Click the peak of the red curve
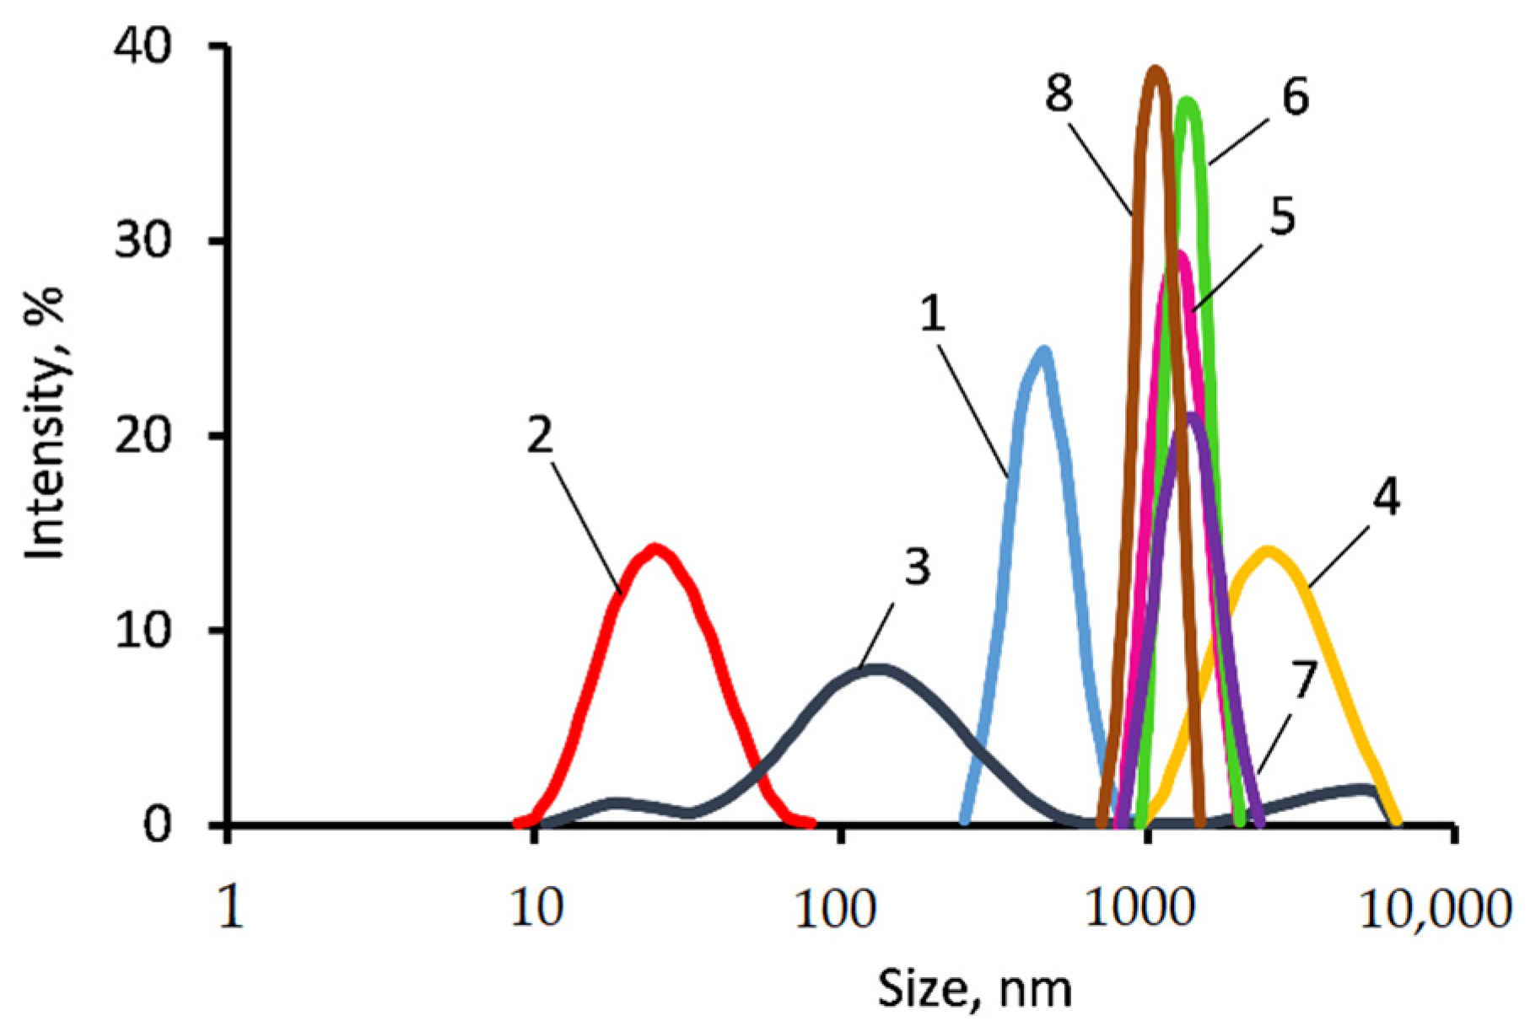[x=655, y=550]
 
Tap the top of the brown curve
[x=1156, y=71]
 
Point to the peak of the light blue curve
[x=1044, y=351]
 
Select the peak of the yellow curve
[x=1268, y=552]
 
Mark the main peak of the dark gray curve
[x=877, y=670]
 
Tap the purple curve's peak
[x=1191, y=417]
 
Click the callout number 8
[x=1059, y=93]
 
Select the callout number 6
[x=1296, y=97]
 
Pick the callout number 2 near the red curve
[x=540, y=436]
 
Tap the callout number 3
[x=918, y=567]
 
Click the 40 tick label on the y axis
[x=143, y=46]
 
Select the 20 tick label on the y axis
[x=143, y=436]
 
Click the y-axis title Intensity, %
[x=46, y=422]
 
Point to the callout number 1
[x=932, y=314]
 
